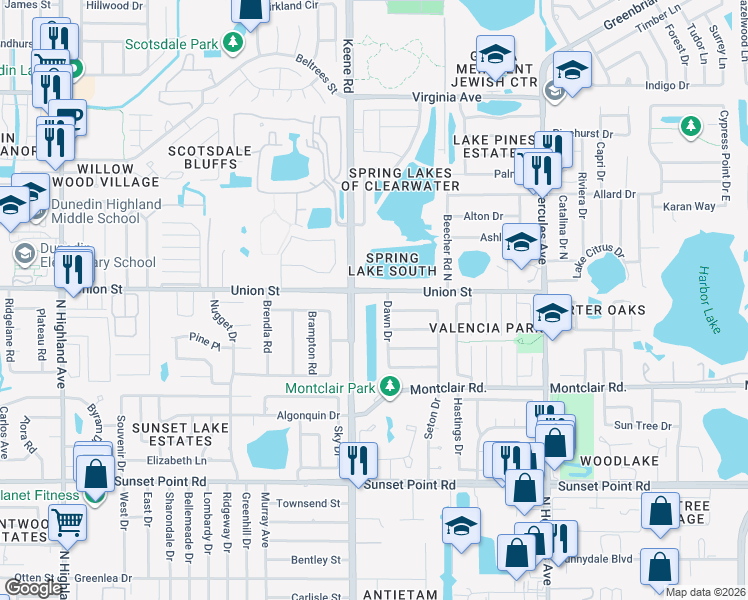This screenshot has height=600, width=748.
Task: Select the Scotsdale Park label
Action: [173, 43]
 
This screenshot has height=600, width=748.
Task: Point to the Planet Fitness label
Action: [38, 495]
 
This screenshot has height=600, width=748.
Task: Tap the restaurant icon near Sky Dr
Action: [357, 460]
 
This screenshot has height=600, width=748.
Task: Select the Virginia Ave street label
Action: [446, 97]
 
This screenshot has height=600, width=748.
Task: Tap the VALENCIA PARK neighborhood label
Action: [479, 328]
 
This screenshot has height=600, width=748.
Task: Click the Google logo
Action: [33, 588]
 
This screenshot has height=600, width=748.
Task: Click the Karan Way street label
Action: [691, 207]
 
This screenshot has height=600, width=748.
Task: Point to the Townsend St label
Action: [309, 504]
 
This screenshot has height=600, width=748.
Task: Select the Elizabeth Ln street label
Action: [175, 461]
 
